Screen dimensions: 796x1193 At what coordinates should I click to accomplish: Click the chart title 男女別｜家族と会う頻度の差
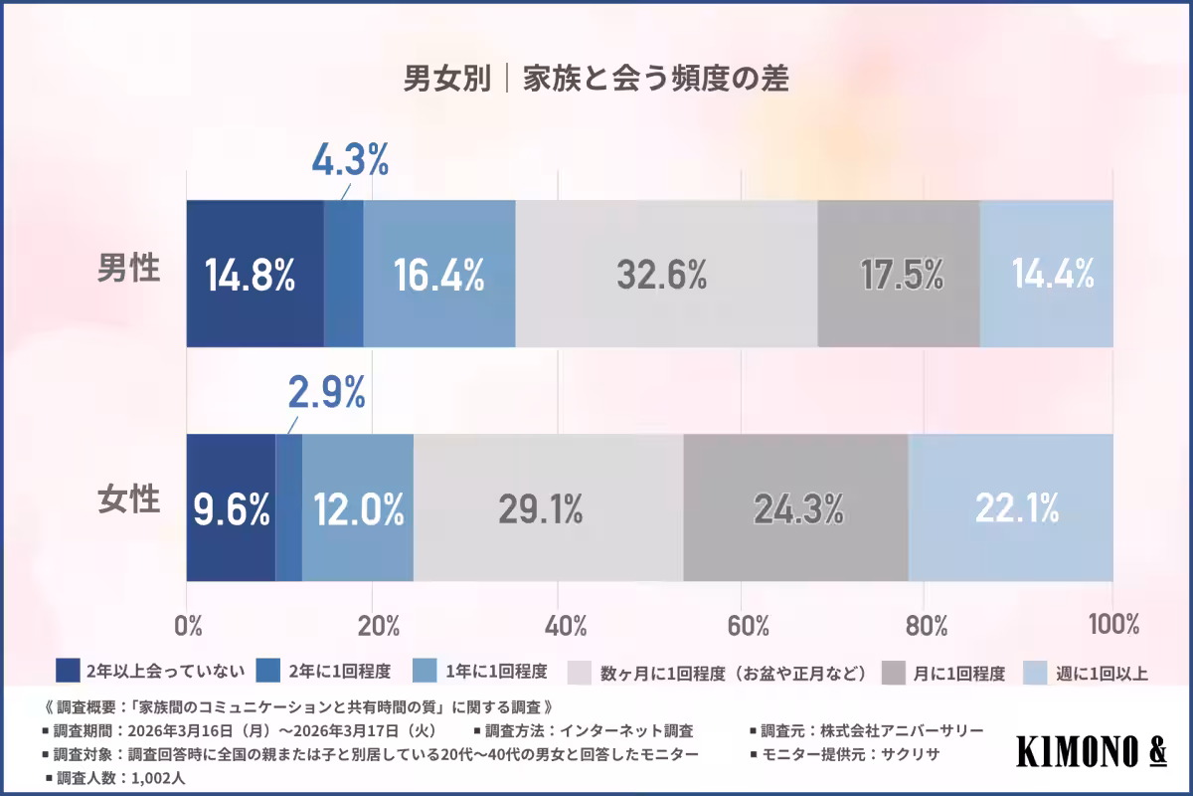(x=596, y=80)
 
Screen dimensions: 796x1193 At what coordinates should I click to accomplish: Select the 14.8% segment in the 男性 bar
(x=255, y=274)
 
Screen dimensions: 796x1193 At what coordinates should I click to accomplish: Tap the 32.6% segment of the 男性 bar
(x=665, y=274)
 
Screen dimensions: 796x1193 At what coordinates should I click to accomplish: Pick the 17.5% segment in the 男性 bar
(x=898, y=274)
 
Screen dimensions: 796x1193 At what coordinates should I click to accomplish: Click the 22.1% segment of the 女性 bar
(x=1010, y=508)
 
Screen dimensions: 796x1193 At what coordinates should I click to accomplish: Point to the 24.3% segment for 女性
(x=795, y=508)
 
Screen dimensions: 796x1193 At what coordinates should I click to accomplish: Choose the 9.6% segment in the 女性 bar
(x=231, y=508)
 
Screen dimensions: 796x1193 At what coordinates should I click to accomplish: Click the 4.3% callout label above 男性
(x=350, y=160)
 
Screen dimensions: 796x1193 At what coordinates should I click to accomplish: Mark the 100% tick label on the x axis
(x=1112, y=626)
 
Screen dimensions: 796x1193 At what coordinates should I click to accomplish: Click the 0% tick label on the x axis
(x=188, y=626)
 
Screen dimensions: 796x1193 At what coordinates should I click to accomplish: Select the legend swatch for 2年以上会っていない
(x=68, y=671)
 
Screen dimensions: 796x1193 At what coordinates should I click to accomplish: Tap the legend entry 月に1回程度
(x=955, y=673)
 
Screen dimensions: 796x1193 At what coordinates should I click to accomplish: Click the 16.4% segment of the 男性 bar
(x=438, y=274)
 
